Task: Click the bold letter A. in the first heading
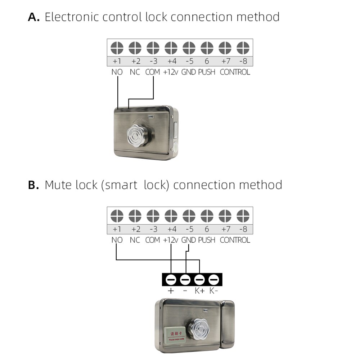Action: pos(34,17)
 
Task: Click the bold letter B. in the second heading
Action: pos(33,185)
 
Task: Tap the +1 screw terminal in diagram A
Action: pos(117,48)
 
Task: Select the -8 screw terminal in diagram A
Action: pos(243,48)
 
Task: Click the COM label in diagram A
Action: pos(153,72)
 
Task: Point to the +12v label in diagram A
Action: pos(171,72)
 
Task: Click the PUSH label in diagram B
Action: pos(207,240)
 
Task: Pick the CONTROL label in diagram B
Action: pos(235,240)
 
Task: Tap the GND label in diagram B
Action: pos(188,240)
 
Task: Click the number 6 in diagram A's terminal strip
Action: pos(207,61)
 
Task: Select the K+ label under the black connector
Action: pos(200,291)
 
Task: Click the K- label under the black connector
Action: pos(214,291)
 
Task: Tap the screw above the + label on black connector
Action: pos(171,279)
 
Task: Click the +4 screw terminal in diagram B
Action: pos(171,216)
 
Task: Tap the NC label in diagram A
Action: pos(135,72)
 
